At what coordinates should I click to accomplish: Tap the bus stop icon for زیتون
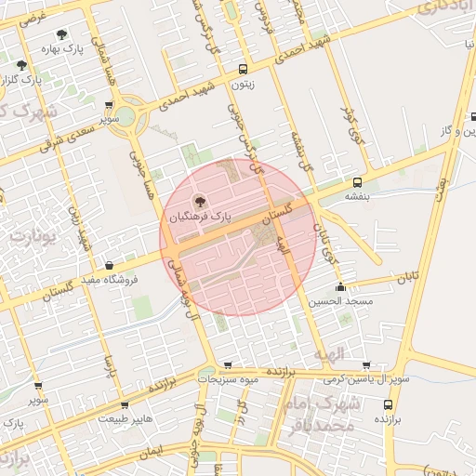tap(243, 69)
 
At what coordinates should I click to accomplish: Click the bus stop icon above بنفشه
tap(358, 182)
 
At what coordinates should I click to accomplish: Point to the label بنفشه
tap(358, 196)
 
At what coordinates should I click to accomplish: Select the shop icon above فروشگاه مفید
tap(111, 265)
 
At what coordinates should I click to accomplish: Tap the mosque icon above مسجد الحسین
tap(343, 287)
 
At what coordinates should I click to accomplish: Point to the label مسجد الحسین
tap(344, 301)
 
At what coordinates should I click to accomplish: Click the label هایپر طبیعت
tap(124, 418)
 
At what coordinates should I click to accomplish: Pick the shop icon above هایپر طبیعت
tap(124, 404)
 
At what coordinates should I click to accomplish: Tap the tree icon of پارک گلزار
tap(21, 65)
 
